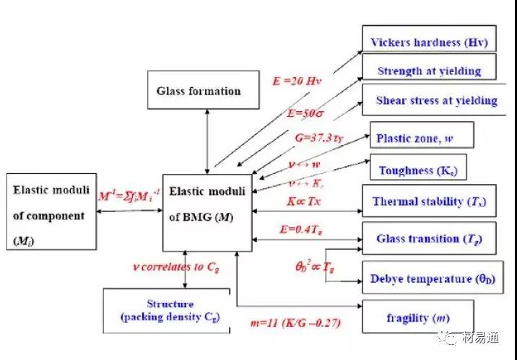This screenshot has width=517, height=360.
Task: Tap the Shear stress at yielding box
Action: (x=436, y=100)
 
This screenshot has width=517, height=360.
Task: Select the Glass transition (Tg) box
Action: (x=427, y=238)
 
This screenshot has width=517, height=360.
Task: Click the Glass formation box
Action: (x=199, y=90)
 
